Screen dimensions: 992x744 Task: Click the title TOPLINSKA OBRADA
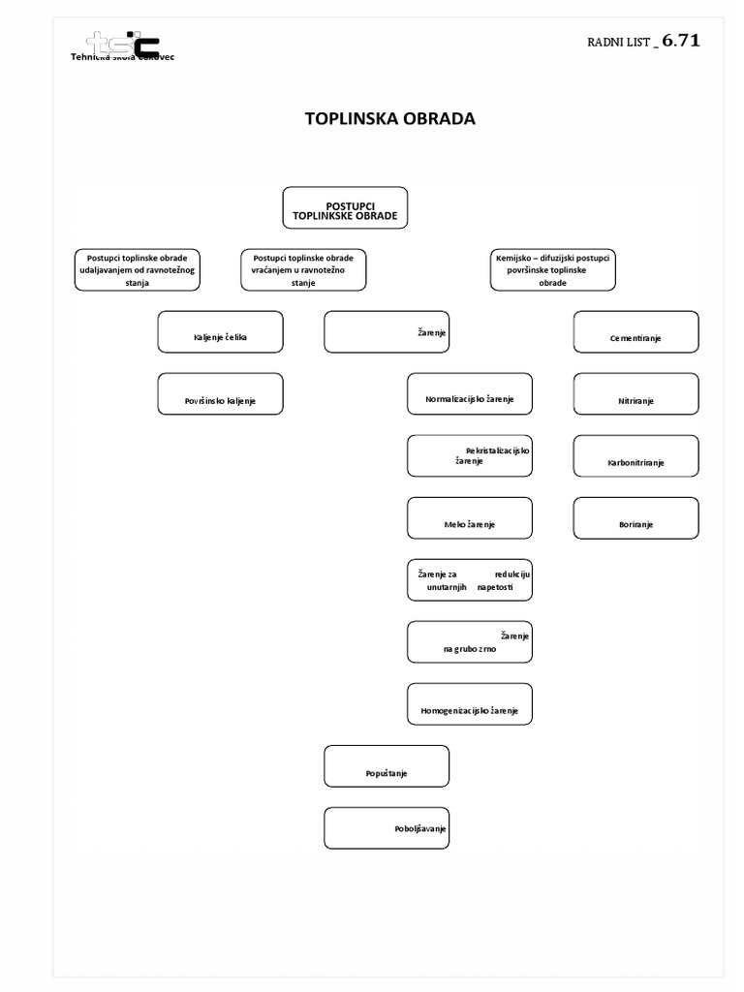[390, 119]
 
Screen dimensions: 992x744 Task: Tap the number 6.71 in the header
[681, 41]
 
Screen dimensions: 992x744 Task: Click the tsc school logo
[123, 46]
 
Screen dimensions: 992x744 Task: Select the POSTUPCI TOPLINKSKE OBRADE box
[345, 208]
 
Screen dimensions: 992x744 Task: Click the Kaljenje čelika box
[221, 331]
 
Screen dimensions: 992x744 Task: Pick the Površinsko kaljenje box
[221, 394]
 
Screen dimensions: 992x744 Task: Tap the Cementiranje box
[635, 331]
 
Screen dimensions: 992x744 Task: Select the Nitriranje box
[635, 394]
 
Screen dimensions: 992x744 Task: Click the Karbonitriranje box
[635, 456]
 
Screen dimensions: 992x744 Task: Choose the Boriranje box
[635, 518]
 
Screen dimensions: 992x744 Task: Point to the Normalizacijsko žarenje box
[470, 394]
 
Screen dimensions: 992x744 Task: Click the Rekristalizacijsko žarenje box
[470, 456]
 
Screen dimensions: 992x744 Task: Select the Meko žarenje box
[470, 518]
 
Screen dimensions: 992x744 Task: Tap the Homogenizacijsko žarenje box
[470, 704]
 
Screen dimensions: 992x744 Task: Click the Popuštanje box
[387, 766]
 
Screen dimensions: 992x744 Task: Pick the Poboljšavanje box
[387, 828]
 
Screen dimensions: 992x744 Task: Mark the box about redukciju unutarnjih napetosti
[470, 580]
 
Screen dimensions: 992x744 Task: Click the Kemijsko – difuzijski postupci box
[553, 269]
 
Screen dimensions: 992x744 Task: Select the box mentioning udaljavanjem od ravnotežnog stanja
[138, 269]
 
